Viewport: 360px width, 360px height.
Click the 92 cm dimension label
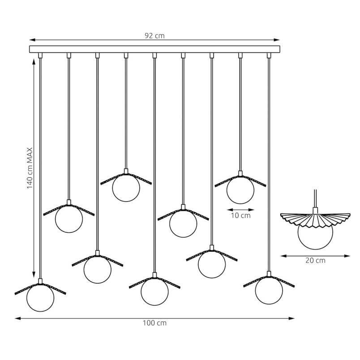tap(154, 35)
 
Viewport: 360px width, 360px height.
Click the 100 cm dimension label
tap(154, 323)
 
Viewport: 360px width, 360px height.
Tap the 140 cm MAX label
tap(30, 168)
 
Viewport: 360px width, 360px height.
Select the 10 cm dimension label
tap(240, 215)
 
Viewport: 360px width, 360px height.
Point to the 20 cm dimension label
tap(315, 260)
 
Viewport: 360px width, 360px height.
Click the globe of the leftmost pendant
tap(40, 298)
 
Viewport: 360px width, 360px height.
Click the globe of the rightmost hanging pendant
tap(269, 291)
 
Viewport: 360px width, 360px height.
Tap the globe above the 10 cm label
tap(240, 190)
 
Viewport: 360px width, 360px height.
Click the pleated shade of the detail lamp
tap(315, 220)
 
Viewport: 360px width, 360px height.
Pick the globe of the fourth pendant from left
tap(126, 188)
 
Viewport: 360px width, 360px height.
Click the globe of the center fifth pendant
tap(154, 291)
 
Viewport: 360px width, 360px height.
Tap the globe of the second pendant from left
tap(69, 219)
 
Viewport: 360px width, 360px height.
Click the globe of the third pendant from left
tap(97, 269)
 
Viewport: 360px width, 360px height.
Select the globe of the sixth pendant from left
tap(183, 223)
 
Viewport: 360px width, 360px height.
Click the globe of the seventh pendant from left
tap(212, 264)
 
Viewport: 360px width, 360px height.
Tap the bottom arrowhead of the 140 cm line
tap(34, 275)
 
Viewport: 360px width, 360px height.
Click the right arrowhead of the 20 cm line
tap(347, 256)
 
